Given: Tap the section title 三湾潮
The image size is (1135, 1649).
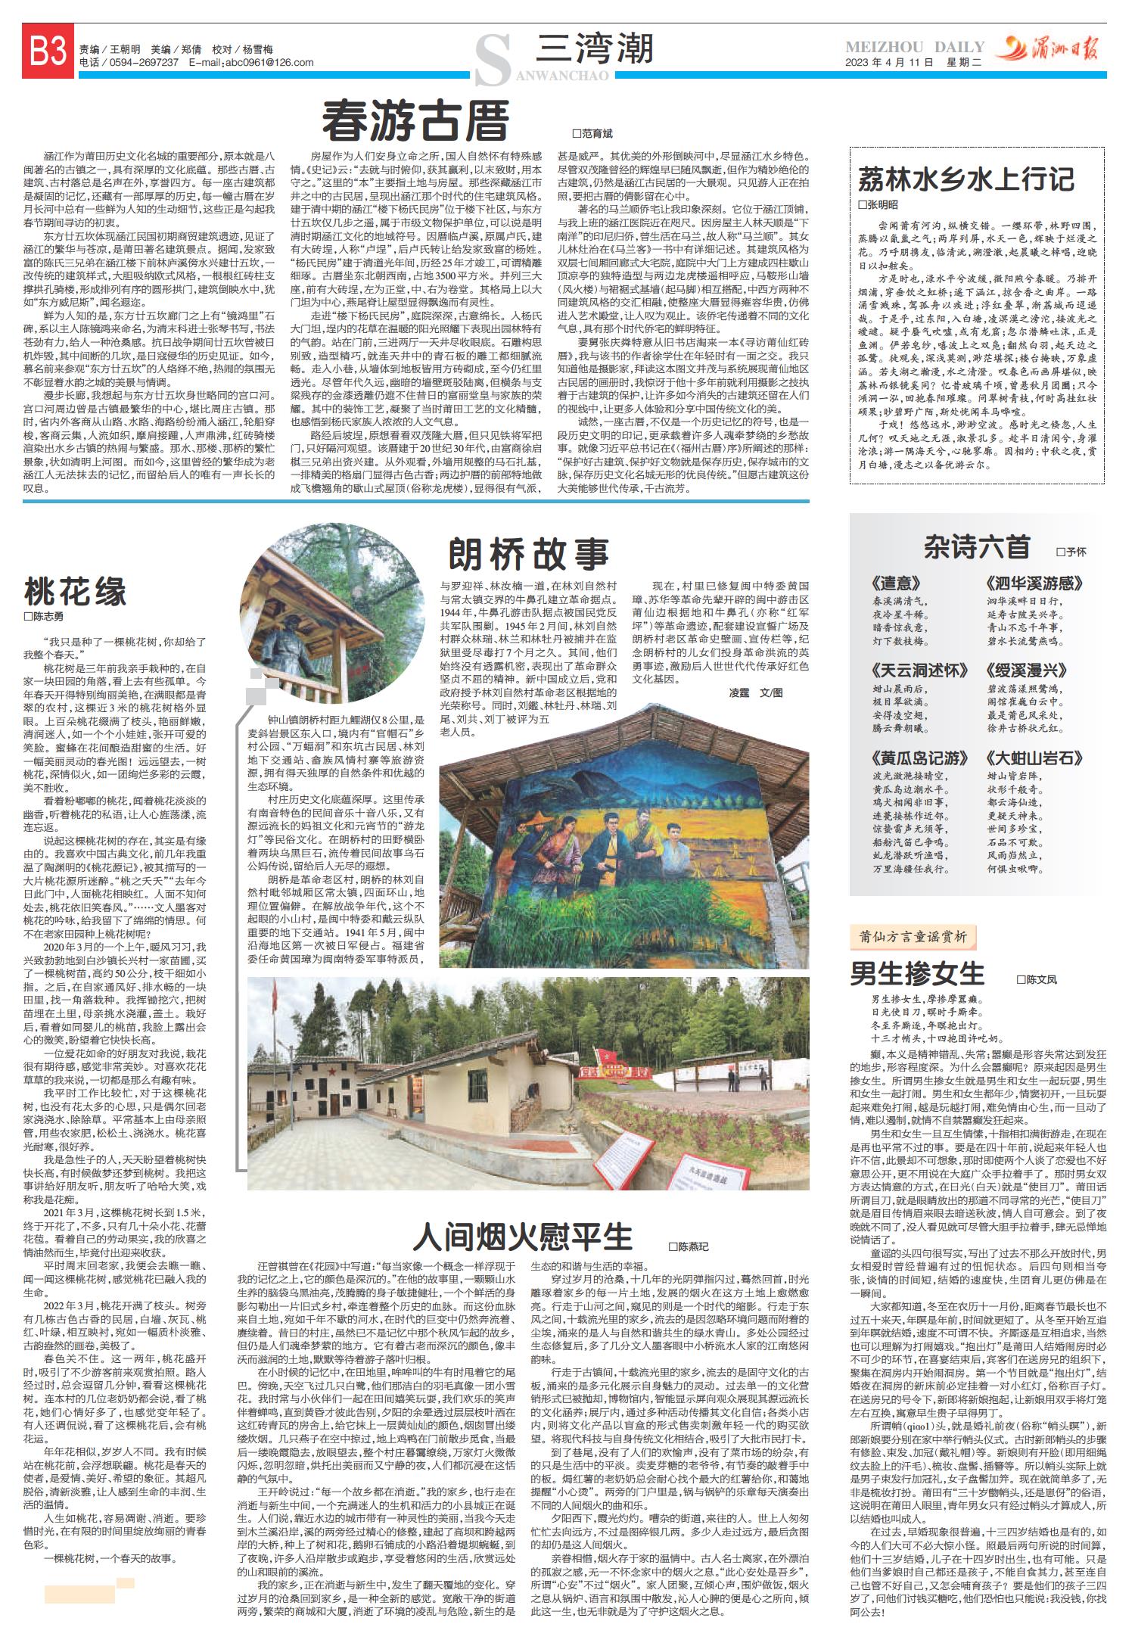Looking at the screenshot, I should (x=594, y=50).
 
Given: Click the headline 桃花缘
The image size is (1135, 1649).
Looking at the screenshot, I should (x=76, y=591).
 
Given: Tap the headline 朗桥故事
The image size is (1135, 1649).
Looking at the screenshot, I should (x=529, y=554).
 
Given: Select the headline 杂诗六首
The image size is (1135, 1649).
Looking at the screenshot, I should (x=976, y=546).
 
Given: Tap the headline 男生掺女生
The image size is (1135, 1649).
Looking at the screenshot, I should (x=917, y=973).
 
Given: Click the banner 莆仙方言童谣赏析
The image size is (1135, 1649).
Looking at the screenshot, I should (x=913, y=937).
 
